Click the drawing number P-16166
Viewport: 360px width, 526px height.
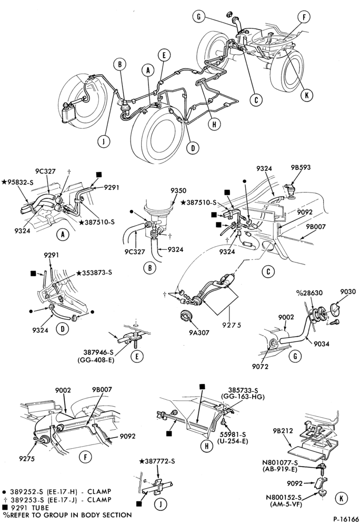coord(341,520)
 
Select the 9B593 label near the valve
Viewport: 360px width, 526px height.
coord(301,167)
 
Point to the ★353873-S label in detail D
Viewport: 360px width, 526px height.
coord(94,272)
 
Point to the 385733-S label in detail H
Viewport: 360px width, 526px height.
coord(243,391)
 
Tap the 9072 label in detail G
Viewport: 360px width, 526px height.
coord(261,367)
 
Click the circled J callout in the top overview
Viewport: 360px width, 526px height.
coord(104,141)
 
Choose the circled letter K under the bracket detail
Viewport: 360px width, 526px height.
coord(341,499)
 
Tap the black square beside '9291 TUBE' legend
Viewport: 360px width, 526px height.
coord(5,508)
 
